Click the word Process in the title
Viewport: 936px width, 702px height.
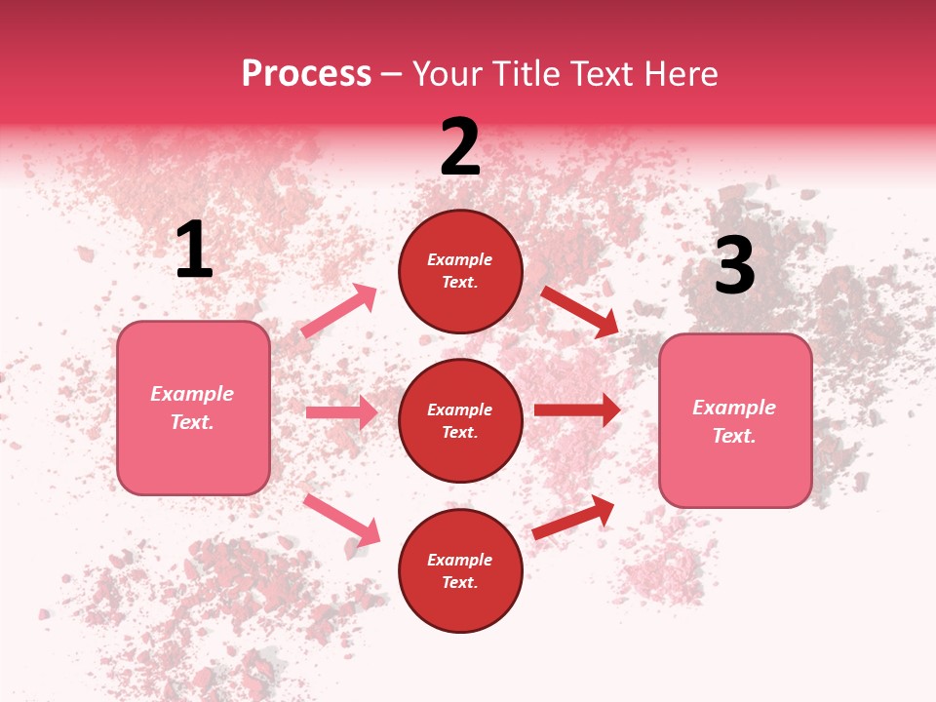pos(306,74)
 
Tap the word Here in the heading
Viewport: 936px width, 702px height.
pos(682,74)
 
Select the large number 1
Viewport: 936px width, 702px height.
pos(194,251)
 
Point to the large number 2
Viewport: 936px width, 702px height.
pos(460,148)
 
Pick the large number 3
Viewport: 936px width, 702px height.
pos(734,266)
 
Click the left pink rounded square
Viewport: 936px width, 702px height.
pos(193,408)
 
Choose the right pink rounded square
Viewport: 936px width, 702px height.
pos(735,420)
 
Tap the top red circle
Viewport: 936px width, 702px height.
pos(460,271)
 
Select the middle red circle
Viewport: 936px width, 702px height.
pos(460,420)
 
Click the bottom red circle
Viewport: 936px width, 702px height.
pos(460,570)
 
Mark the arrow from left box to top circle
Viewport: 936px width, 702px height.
pos(339,311)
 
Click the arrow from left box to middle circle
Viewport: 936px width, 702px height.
pos(341,412)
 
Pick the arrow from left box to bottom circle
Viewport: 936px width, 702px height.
pos(341,519)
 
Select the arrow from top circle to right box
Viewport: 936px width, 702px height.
pos(580,311)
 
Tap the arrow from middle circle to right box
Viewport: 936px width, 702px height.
pos(577,410)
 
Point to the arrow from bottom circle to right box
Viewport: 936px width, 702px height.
pos(573,517)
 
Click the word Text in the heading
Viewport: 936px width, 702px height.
pos(604,74)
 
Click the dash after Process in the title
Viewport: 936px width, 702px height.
pos(392,75)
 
